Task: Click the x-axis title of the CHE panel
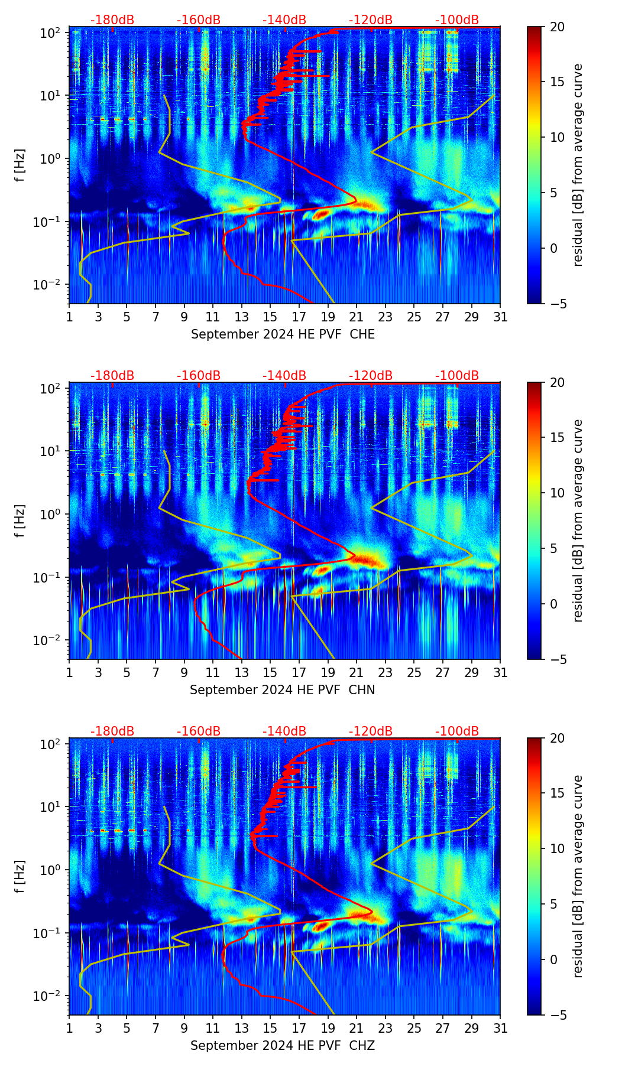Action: point(283,334)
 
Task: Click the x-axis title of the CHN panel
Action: point(283,690)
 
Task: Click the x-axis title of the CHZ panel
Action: point(283,1046)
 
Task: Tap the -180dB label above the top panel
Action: point(112,20)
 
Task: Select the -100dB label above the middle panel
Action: point(457,376)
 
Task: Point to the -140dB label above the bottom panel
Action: point(284,731)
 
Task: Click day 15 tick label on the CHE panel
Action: point(270,317)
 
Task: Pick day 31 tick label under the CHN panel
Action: point(500,672)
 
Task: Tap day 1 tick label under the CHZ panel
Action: point(70,1028)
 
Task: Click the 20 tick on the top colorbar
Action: point(556,27)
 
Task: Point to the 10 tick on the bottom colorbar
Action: point(556,849)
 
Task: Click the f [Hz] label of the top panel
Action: point(20,165)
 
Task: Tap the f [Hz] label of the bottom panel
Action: point(20,877)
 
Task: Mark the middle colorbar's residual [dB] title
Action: point(578,521)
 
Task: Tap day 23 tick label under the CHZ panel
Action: point(385,1028)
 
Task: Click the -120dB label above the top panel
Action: point(371,20)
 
